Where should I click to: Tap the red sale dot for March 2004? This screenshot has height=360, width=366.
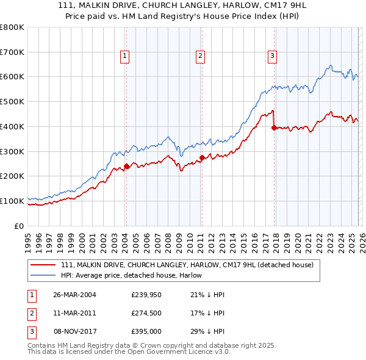pyautogui.click(x=126, y=166)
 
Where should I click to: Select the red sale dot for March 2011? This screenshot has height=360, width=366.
pyautogui.click(x=201, y=157)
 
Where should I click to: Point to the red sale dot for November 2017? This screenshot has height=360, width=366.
pyautogui.click(x=274, y=128)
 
